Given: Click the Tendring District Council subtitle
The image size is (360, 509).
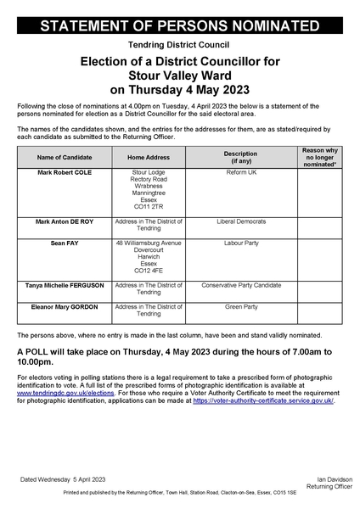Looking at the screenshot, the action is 179,44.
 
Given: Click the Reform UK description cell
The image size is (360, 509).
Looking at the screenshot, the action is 240,172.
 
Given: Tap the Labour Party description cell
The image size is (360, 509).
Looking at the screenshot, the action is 240,242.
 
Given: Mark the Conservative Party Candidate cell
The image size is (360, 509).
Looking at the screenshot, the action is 240,285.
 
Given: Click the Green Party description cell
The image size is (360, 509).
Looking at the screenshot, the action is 240,305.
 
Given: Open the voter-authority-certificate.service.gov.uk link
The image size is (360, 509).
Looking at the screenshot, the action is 262,401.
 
